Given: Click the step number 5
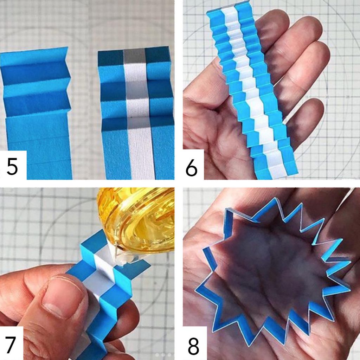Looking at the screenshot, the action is point(12,167).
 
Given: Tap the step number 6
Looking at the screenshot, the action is point(191,168).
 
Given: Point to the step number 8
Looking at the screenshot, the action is point(193,346).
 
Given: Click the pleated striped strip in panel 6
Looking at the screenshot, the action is point(252,92).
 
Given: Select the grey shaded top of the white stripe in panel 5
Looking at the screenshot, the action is point(135,57).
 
